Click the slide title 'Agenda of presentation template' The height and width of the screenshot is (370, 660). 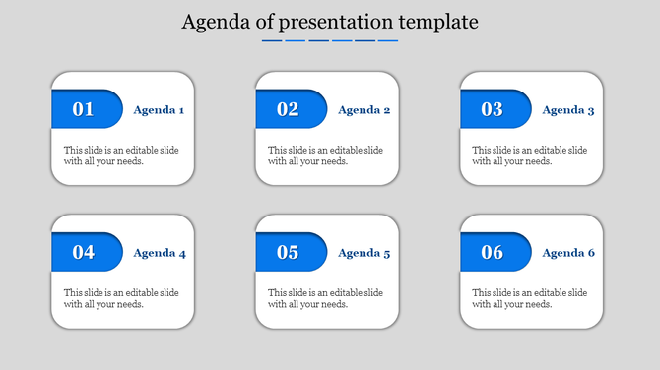(x=330, y=22)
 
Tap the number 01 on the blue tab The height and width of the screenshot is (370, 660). (x=84, y=109)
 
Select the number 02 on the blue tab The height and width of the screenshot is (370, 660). (x=288, y=109)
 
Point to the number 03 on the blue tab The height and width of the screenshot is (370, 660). (x=492, y=109)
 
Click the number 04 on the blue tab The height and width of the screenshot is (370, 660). (x=84, y=252)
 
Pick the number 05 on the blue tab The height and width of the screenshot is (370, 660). (x=288, y=252)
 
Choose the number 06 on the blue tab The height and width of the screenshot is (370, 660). (x=492, y=252)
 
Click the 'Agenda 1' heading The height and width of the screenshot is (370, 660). (x=159, y=110)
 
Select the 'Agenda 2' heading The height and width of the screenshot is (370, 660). (x=363, y=110)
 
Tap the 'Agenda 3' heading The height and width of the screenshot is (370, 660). (x=567, y=110)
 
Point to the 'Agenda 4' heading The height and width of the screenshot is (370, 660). (x=159, y=253)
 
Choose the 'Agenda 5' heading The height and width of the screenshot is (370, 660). (x=363, y=253)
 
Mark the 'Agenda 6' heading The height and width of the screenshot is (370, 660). (x=567, y=253)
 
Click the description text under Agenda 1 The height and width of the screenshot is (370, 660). (x=121, y=155)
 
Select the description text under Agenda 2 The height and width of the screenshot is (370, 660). (x=325, y=155)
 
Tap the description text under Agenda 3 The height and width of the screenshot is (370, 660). (x=529, y=155)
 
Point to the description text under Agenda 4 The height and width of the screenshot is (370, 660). (x=121, y=298)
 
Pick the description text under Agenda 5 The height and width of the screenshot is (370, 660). (x=325, y=298)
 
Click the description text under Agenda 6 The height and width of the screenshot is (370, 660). (x=529, y=298)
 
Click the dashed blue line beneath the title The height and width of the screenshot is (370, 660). (x=330, y=41)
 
